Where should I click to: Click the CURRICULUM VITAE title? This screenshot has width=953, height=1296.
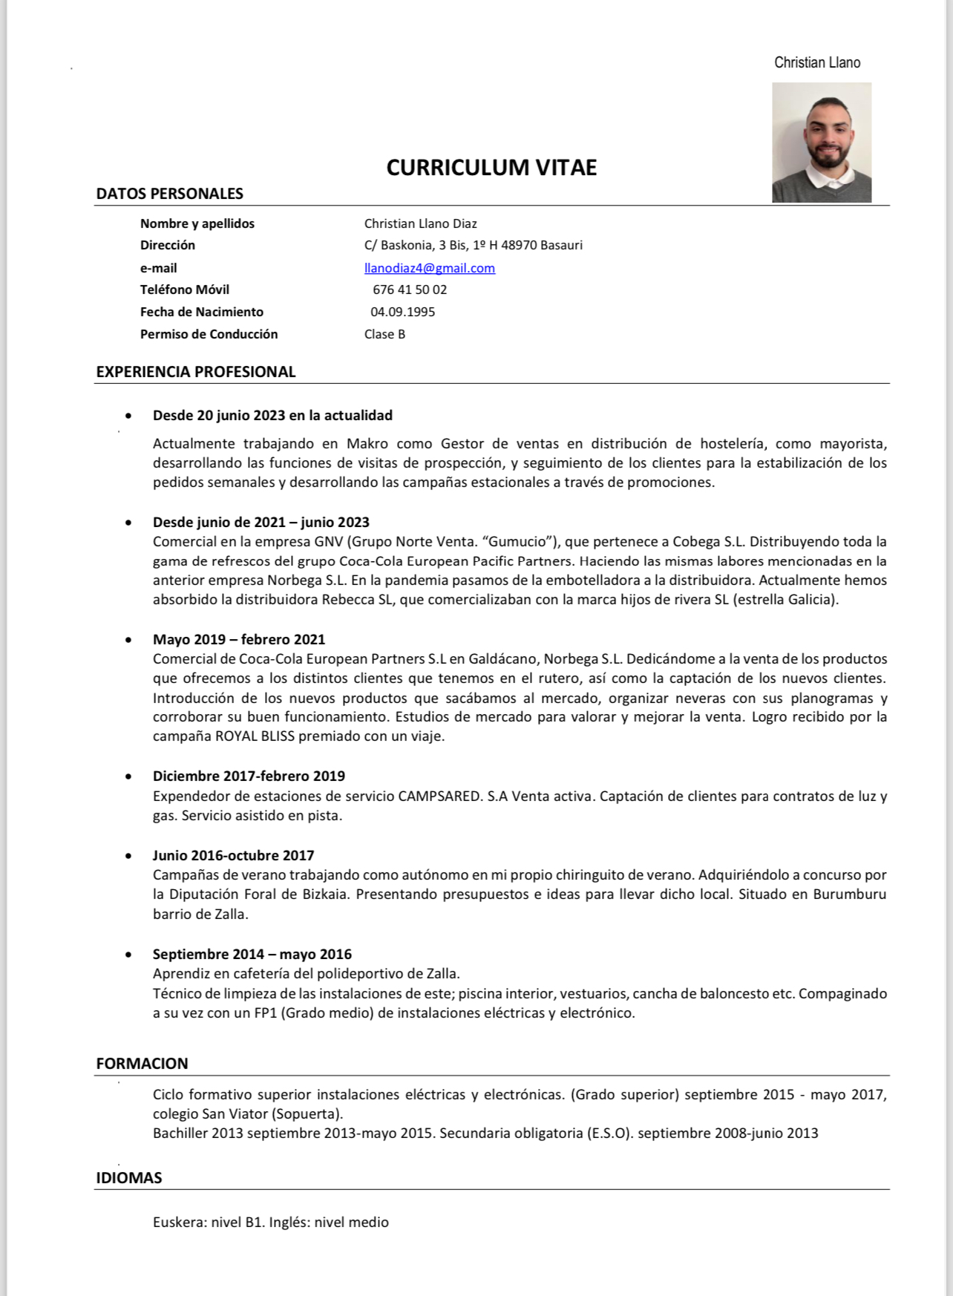click(x=491, y=168)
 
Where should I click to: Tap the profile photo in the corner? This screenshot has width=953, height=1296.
click(x=822, y=142)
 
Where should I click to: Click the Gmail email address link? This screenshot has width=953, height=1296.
click(x=429, y=268)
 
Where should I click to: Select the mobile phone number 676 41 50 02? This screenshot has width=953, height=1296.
click(x=410, y=289)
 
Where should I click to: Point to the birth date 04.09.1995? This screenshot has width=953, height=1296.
click(x=402, y=312)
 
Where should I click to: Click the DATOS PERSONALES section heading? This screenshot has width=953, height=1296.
click(x=169, y=194)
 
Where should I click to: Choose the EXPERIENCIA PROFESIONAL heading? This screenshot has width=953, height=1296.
click(x=196, y=372)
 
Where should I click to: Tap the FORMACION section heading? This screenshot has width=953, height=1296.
click(x=142, y=1063)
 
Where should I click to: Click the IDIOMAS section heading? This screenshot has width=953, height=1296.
click(x=129, y=1177)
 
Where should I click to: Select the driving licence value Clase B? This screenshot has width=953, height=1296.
click(x=384, y=334)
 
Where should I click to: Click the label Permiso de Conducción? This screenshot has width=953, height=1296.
click(x=209, y=334)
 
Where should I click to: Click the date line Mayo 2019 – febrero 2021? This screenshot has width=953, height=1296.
click(x=239, y=639)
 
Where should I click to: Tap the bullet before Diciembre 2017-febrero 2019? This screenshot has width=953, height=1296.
click(x=129, y=776)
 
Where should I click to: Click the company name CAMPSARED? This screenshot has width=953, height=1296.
click(x=439, y=796)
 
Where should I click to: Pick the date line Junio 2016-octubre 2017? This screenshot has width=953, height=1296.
click(x=233, y=855)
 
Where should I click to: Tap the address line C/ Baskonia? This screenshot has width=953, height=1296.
click(x=473, y=245)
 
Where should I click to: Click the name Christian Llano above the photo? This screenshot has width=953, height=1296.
click(x=817, y=62)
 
